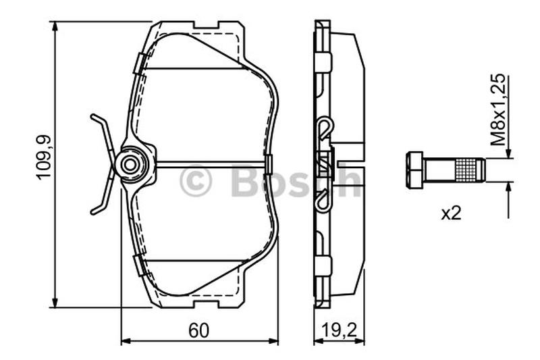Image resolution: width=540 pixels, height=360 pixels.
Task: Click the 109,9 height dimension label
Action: point(44,157)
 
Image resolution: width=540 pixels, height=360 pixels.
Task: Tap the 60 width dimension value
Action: point(198,330)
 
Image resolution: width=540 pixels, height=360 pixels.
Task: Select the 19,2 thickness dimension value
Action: point(340,331)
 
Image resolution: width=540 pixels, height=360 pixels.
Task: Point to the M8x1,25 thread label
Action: point(498,109)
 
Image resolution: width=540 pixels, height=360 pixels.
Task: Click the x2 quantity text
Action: point(451,213)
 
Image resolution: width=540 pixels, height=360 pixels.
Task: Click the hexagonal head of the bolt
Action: point(414,170)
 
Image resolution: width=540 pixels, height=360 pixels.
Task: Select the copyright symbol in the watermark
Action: point(195,180)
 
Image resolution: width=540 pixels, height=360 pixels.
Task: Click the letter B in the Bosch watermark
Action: point(246,180)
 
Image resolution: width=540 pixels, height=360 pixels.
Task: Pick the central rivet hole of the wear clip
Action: point(130,165)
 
